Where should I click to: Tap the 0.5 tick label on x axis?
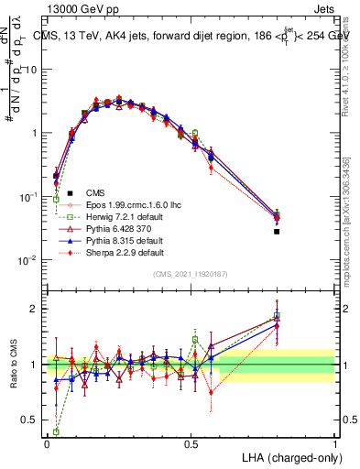coord(191,442)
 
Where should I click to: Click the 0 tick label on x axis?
coord(47,442)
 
